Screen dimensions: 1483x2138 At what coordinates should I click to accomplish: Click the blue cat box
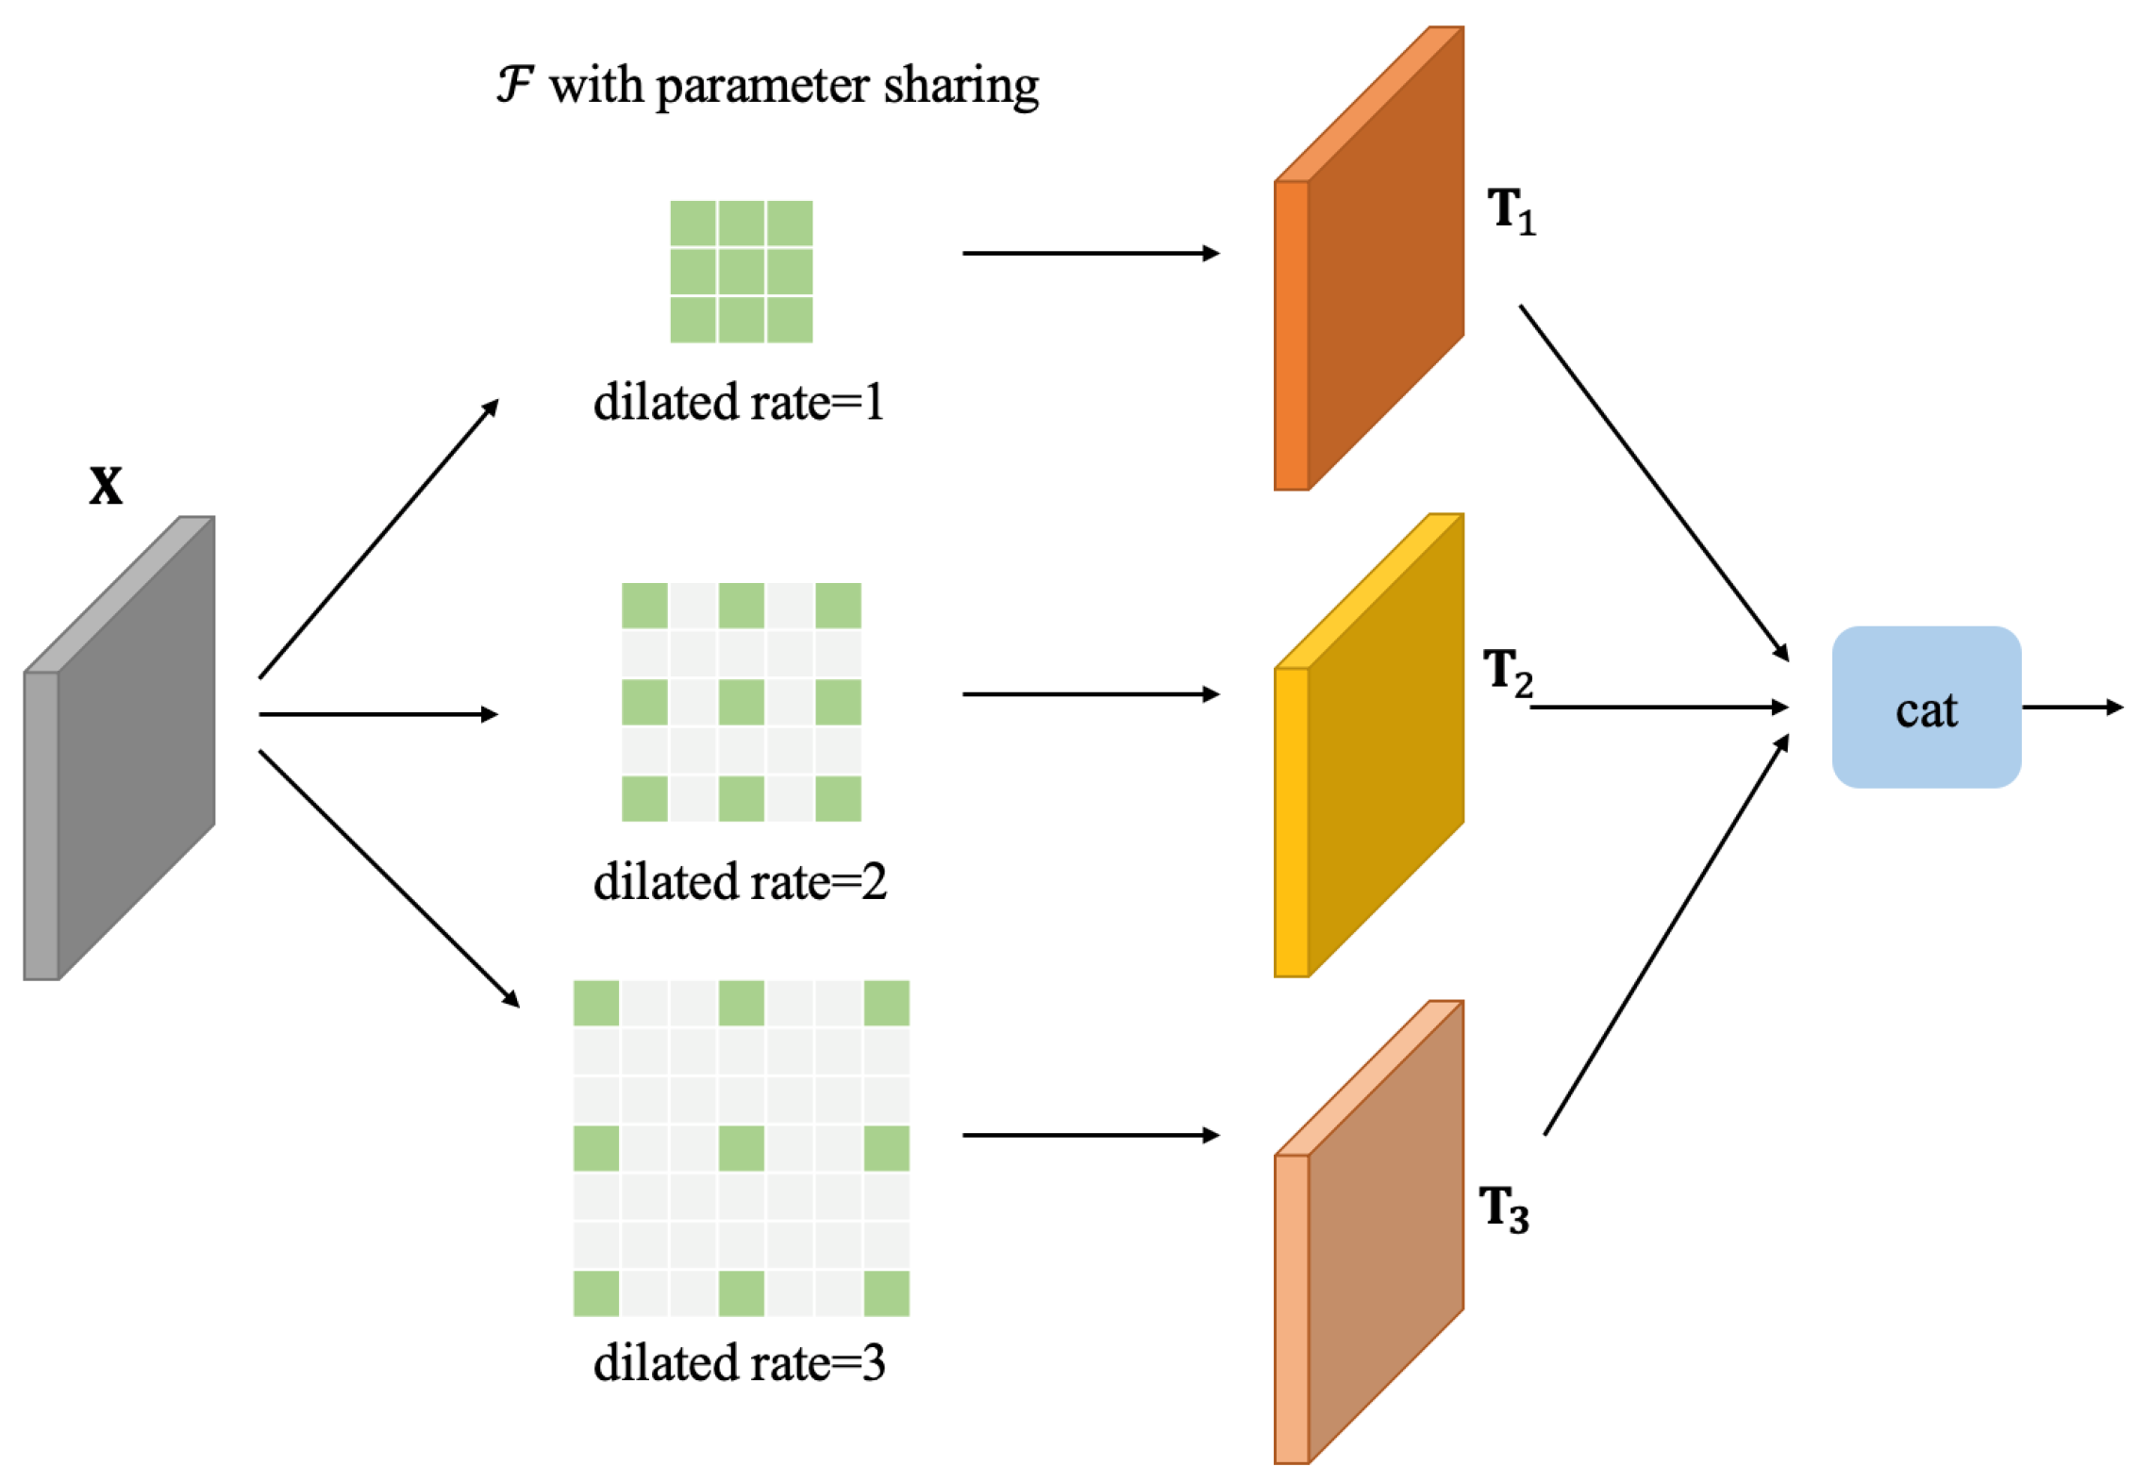pyautogui.click(x=1925, y=708)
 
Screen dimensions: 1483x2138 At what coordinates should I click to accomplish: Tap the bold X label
pyautogui.click(x=106, y=487)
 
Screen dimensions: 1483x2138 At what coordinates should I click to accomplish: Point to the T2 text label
pyautogui.click(x=1507, y=672)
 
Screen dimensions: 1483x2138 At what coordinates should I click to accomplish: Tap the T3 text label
pyautogui.click(x=1503, y=1208)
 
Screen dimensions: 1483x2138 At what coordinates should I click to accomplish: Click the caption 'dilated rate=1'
pyautogui.click(x=739, y=403)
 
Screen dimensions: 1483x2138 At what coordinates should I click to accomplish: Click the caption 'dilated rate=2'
pyautogui.click(x=740, y=883)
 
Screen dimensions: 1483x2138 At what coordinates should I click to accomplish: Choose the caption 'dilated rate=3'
pyautogui.click(x=739, y=1363)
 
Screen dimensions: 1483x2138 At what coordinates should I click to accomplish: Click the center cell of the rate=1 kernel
pyautogui.click(x=741, y=272)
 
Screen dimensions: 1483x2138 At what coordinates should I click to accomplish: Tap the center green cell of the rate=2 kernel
pyautogui.click(x=741, y=702)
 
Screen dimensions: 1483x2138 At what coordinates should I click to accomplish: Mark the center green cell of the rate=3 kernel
pyautogui.click(x=741, y=1148)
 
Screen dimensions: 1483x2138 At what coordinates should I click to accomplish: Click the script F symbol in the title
pyautogui.click(x=515, y=85)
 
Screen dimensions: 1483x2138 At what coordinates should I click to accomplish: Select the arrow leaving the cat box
pyautogui.click(x=2071, y=708)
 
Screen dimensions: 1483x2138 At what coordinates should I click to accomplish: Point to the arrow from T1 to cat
pyautogui.click(x=1653, y=482)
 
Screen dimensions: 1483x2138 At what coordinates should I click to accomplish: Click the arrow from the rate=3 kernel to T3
pyautogui.click(x=1090, y=1135)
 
